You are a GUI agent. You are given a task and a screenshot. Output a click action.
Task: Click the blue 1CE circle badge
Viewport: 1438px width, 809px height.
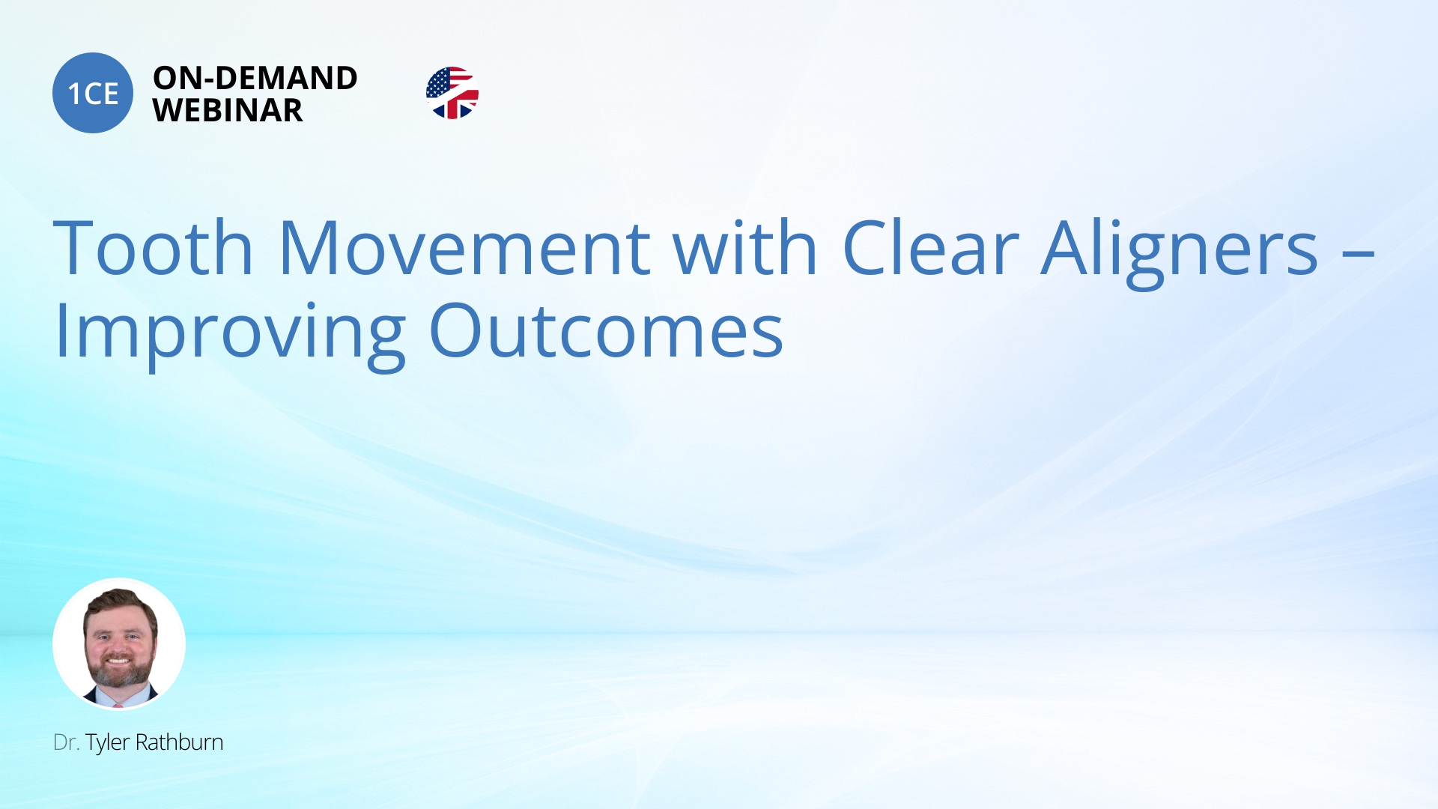93,93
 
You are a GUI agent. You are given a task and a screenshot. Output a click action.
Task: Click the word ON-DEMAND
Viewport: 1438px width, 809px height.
255,78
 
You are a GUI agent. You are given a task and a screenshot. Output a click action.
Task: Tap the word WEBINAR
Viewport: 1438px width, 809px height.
228,110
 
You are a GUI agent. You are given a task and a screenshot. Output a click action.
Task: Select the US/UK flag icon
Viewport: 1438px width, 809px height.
452,93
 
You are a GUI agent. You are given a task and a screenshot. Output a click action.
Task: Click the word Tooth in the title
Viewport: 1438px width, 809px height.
154,247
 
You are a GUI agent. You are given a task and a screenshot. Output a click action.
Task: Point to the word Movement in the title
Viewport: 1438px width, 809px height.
464,247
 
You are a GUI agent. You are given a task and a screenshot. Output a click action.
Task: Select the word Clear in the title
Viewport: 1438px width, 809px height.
930,247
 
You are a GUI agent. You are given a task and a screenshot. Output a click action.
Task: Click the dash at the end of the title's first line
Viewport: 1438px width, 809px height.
1359,255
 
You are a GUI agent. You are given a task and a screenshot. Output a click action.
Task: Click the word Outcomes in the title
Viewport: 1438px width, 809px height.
606,330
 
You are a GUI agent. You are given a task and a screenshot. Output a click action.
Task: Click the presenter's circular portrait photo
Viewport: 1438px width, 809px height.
119,644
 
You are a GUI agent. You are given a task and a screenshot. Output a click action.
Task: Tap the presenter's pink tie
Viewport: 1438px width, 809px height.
118,704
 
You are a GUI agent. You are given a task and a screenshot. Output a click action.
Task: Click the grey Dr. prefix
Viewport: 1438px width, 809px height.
66,742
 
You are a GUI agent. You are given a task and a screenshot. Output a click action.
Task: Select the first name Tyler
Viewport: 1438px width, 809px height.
107,743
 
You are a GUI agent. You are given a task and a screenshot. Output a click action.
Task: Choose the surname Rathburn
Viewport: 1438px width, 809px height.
179,742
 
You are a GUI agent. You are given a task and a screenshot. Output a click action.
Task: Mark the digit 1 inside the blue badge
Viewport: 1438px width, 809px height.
74,94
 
